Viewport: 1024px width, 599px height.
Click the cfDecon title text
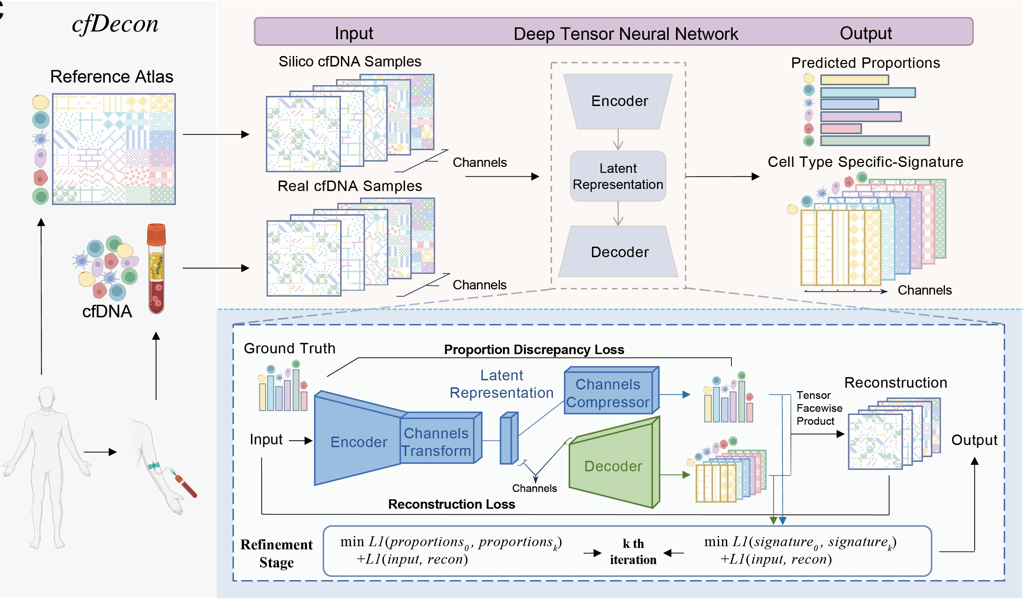tap(115, 24)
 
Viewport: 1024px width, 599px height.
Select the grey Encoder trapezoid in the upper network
tap(619, 101)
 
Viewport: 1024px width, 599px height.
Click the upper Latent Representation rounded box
tap(618, 176)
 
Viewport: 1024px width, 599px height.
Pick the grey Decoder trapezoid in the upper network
tap(619, 252)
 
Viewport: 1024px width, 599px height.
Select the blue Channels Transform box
tap(437, 442)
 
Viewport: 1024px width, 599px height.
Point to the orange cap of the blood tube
tap(156, 233)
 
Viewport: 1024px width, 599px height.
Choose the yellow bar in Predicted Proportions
tap(854, 80)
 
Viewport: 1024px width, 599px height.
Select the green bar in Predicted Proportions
tap(874, 141)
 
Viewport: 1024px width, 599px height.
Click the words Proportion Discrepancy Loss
tap(534, 350)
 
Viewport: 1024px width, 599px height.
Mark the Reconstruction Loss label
tap(451, 504)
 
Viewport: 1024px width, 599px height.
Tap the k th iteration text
tap(633, 552)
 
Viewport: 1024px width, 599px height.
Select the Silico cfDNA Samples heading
tap(350, 62)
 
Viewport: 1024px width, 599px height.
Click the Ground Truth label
tap(289, 348)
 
